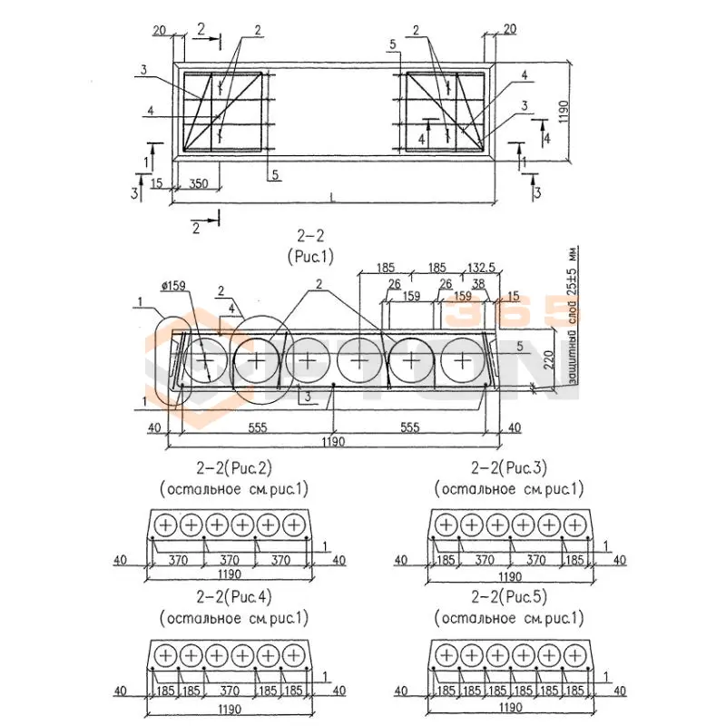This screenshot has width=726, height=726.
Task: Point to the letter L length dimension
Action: pos(331,196)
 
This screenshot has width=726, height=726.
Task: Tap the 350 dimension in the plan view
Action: pos(198,183)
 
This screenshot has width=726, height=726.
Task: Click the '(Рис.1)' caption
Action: pos(310,257)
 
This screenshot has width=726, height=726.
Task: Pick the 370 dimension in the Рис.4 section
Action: pos(231,691)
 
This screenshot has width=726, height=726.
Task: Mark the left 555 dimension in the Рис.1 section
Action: pos(257,427)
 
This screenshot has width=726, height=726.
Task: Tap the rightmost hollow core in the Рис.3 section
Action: pos(574,525)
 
